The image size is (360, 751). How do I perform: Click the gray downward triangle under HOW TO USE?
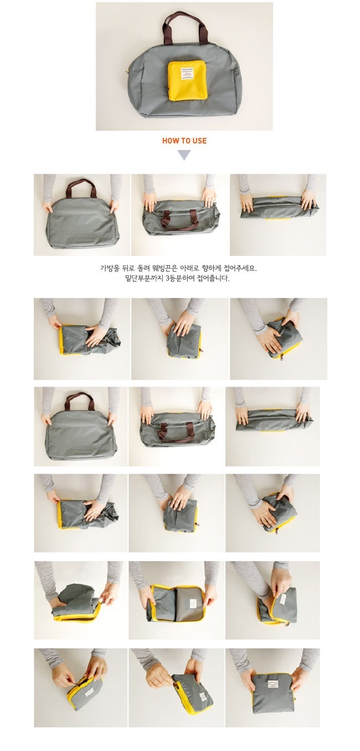[184, 155]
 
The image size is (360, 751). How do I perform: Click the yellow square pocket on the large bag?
[182, 80]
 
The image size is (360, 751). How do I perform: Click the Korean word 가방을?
[110, 268]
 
